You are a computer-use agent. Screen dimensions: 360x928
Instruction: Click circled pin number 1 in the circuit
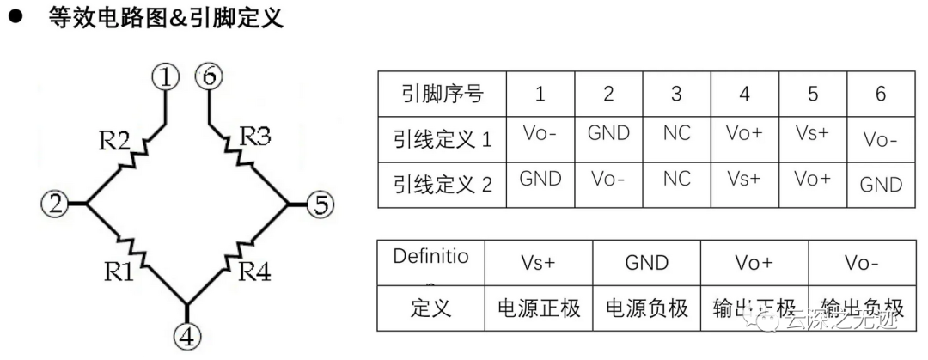tap(165, 77)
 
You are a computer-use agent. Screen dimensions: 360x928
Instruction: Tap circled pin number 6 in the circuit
tap(208, 77)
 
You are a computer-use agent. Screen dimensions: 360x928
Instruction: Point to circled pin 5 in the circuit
tap(320, 204)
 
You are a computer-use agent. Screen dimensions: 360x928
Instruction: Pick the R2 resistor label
tap(115, 139)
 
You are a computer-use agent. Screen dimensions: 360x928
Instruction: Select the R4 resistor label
tap(255, 272)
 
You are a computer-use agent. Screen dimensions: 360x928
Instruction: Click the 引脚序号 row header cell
tap(442, 94)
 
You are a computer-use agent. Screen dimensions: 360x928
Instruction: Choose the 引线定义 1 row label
tap(442, 138)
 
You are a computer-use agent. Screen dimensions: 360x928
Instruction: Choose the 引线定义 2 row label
tap(442, 183)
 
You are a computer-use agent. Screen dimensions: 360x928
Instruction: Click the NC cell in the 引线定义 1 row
tap(677, 134)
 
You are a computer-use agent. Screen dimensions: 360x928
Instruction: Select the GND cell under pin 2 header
tap(608, 134)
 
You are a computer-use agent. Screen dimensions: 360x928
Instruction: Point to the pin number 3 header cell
tap(677, 94)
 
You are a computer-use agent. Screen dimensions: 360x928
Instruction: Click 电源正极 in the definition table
tap(540, 308)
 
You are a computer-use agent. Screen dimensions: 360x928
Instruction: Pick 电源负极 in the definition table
tap(647, 308)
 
